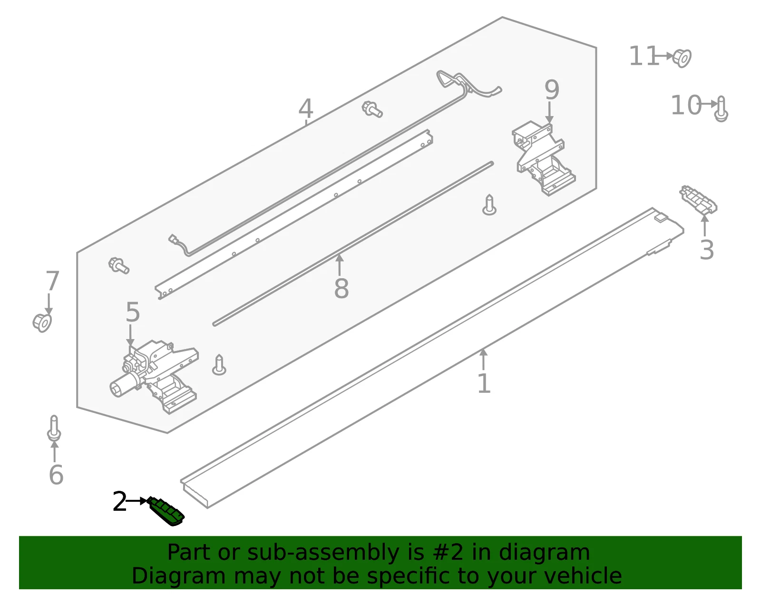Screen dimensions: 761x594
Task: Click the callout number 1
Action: click(484, 383)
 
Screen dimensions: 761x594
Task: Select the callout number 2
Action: click(119, 502)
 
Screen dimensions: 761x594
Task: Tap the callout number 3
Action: click(706, 250)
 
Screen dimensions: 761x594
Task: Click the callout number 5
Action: click(133, 312)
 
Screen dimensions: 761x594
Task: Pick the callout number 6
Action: click(56, 475)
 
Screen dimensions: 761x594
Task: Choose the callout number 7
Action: click(52, 281)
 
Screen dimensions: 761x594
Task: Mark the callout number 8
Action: click(341, 288)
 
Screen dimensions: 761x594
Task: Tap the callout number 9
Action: click(552, 89)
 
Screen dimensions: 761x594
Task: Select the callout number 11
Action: click(644, 56)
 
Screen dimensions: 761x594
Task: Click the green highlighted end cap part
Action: click(166, 511)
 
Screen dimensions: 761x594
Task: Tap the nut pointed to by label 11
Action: click(682, 58)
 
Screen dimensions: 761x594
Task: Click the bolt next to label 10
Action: click(721, 109)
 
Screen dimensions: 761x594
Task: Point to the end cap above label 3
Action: click(698, 200)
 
